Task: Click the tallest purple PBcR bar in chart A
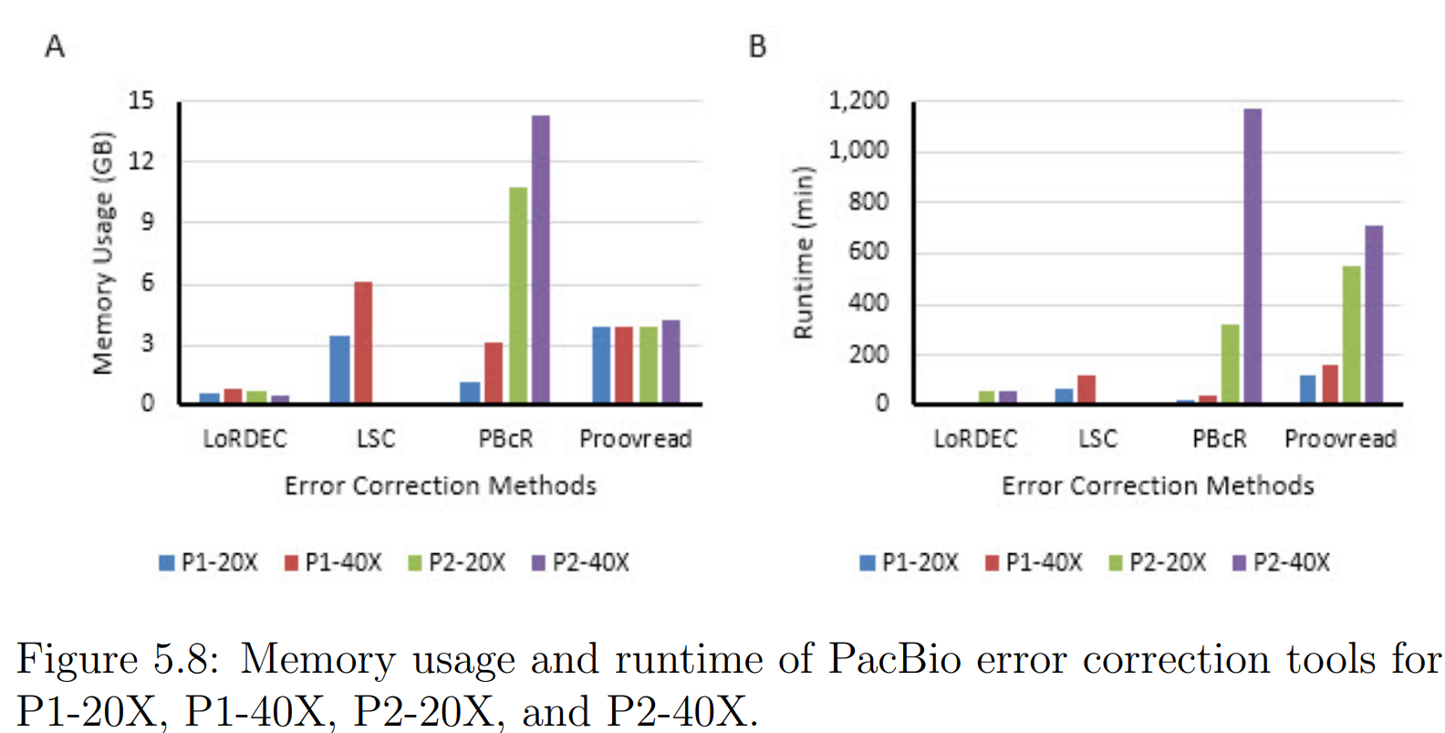[540, 259]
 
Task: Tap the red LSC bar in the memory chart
[363, 342]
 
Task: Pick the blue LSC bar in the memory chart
[339, 370]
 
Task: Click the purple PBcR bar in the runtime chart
[1253, 256]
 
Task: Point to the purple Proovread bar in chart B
[1373, 314]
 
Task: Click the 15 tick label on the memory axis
[141, 100]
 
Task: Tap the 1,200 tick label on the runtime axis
[858, 100]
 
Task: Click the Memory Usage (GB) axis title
[103, 253]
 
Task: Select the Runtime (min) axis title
[803, 253]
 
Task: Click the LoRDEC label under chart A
[244, 439]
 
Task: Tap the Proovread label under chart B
[1340, 439]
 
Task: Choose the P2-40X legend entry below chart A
[581, 562]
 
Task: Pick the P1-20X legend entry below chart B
[910, 562]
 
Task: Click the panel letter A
[55, 46]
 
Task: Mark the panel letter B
[757, 46]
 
